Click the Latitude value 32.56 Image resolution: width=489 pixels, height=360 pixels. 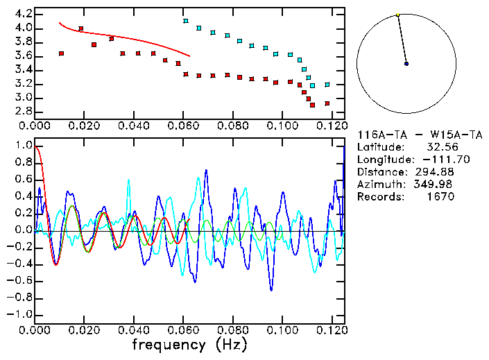pos(438,147)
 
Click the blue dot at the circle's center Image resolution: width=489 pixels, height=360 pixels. pos(406,64)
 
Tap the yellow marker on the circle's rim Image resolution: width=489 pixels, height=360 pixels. pos(397,15)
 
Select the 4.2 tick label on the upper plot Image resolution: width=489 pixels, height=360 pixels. pos(23,14)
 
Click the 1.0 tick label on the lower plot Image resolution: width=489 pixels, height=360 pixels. pos(23,146)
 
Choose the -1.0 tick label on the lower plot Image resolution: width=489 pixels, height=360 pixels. pos(20,314)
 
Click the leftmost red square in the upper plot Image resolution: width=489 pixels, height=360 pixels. pos(62,53)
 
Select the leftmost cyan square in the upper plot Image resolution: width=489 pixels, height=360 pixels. pos(185,21)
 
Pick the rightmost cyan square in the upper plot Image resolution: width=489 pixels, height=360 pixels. pos(327,85)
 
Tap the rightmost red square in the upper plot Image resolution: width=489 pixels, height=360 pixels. pos(327,103)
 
